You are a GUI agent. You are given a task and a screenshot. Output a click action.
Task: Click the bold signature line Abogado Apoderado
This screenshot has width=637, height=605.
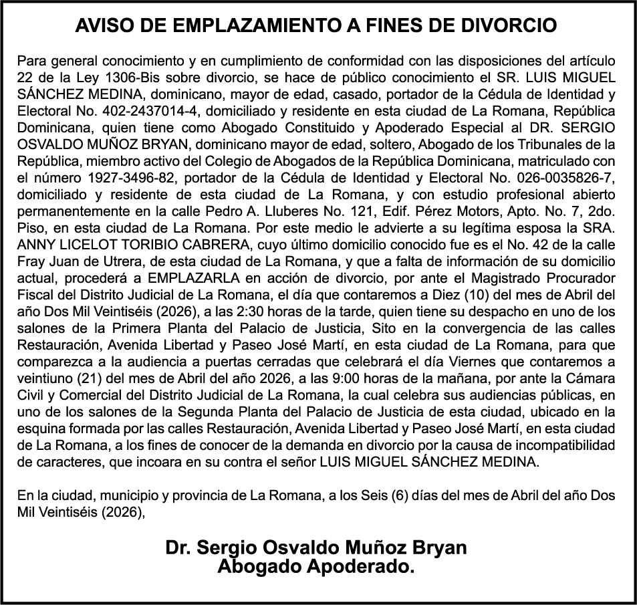[x=316, y=567]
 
